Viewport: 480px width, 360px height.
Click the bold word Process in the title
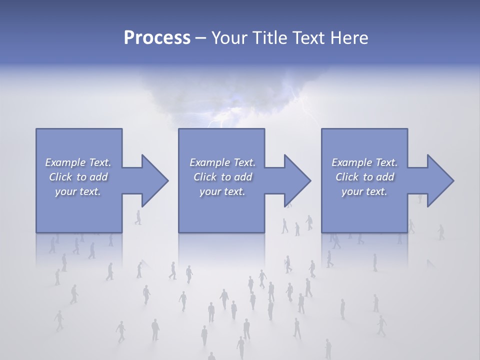[157, 38]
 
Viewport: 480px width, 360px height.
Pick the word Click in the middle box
[204, 177]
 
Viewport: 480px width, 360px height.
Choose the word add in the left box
[98, 177]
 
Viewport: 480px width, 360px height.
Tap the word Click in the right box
[346, 177]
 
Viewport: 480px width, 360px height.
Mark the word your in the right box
[352, 191]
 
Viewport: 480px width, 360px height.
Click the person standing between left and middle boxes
[138, 217]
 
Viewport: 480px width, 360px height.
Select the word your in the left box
[65, 191]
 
